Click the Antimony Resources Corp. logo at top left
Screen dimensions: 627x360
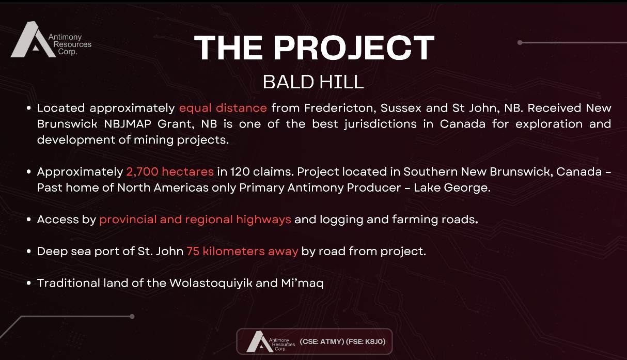(51, 39)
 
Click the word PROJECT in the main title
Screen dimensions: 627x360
(354, 48)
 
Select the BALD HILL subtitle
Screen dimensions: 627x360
(313, 82)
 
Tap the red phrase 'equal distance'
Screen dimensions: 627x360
(223, 108)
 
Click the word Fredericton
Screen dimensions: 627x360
(340, 108)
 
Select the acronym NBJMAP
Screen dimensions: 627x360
(128, 124)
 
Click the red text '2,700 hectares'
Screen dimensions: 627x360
(170, 171)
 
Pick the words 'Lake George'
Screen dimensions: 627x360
(452, 187)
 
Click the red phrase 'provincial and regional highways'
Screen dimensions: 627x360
(195, 220)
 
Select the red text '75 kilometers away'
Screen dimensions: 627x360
(242, 251)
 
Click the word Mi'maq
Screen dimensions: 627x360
(302, 283)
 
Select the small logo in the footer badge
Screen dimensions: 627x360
(271, 341)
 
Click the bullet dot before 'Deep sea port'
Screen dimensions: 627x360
(28, 252)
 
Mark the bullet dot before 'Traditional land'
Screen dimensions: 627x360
(28, 283)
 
